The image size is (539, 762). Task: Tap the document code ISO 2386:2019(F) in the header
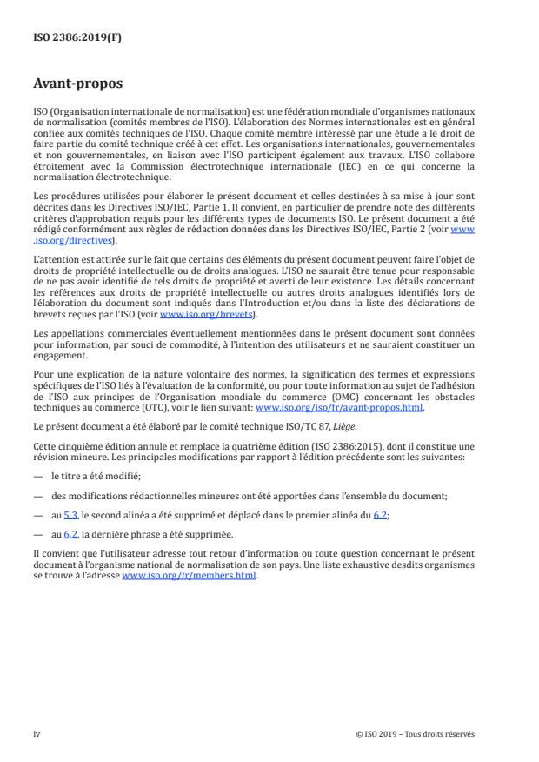[x=70, y=38]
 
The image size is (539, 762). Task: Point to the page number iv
[x=37, y=734]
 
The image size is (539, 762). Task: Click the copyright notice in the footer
[x=416, y=734]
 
